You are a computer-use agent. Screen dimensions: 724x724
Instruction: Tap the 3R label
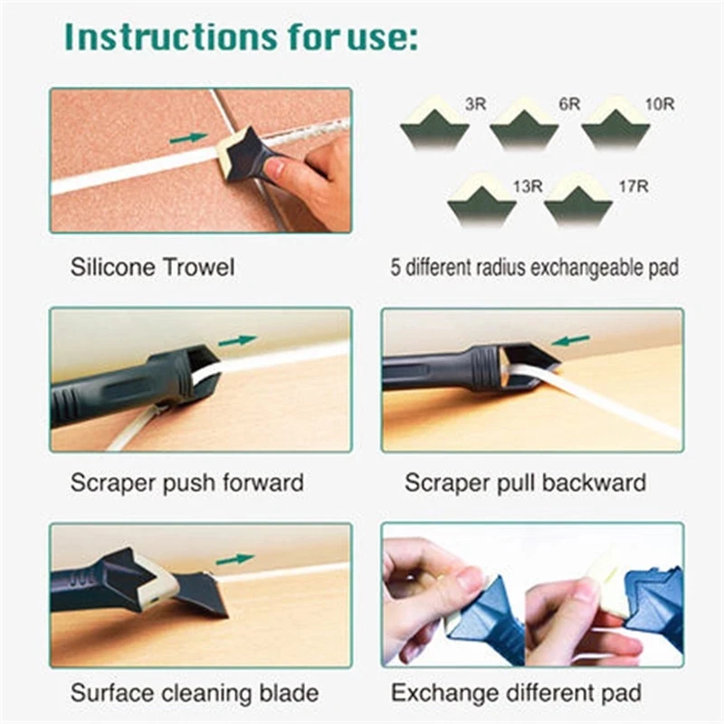[475, 104]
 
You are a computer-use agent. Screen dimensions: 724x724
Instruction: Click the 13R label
[528, 186]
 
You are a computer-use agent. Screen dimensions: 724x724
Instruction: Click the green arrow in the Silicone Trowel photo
[187, 138]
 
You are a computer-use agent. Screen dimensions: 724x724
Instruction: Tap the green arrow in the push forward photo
[236, 341]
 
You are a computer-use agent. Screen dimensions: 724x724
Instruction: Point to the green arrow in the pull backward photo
[571, 341]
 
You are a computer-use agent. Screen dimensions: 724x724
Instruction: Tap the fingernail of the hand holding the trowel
[274, 167]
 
